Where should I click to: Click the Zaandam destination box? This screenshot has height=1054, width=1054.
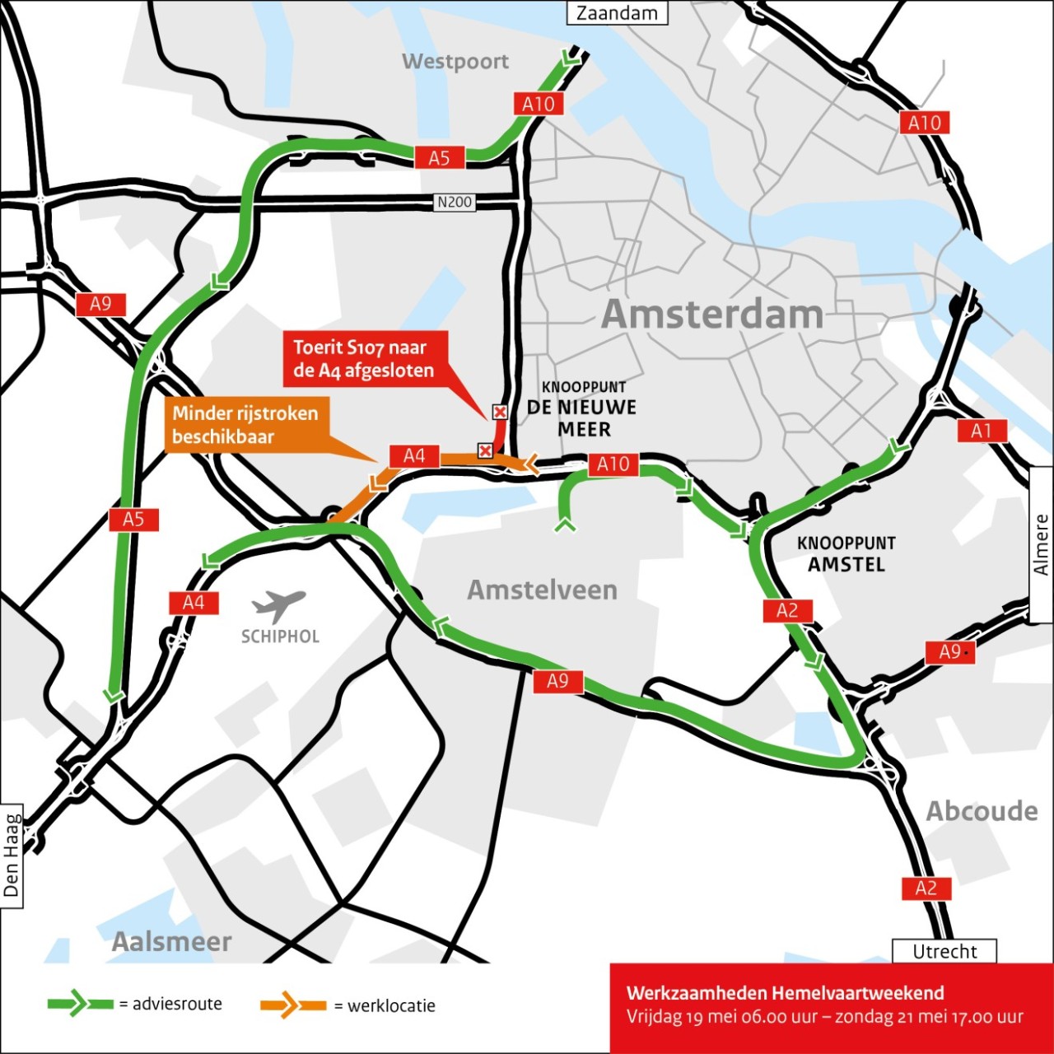coord(617,13)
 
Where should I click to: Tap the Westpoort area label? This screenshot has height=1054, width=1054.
coord(455,62)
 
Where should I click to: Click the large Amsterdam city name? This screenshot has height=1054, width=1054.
coord(712,314)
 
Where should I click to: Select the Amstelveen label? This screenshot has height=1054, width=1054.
coord(542,590)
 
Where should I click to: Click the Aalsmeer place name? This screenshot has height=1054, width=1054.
coord(171,941)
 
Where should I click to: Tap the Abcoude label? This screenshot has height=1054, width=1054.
coord(982,811)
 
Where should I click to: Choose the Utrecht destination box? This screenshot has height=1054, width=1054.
coord(944,951)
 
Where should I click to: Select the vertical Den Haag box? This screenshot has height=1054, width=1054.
coord(12,856)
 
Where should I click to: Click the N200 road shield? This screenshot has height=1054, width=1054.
coord(454,202)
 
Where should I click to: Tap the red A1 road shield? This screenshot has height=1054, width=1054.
coord(982,431)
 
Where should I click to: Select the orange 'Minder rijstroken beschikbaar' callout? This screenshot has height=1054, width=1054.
coord(245,424)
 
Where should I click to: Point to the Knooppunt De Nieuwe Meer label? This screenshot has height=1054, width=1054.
coord(583,408)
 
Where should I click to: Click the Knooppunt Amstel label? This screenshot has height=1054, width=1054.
coord(846,554)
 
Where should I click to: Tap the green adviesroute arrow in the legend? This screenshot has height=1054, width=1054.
coord(80,1003)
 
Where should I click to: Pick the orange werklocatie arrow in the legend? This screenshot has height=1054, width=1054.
coord(292,1005)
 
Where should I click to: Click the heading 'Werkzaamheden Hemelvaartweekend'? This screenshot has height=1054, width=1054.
coord(785,993)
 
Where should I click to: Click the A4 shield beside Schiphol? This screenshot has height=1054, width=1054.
coord(194,603)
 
